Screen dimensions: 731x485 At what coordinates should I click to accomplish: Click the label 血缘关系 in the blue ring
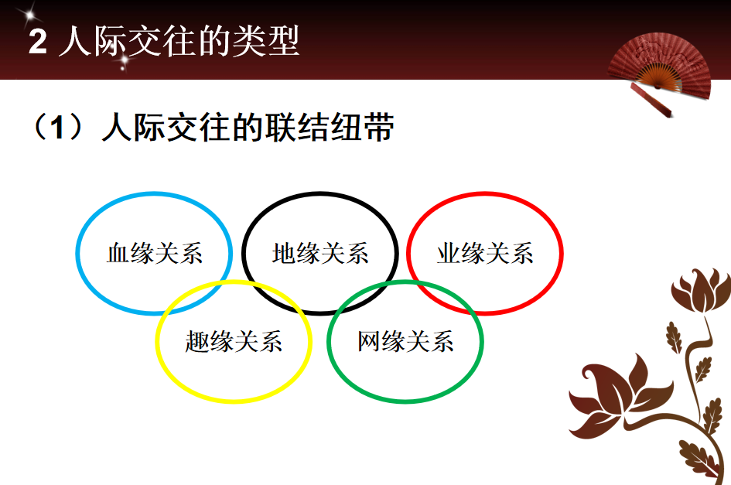click(x=155, y=253)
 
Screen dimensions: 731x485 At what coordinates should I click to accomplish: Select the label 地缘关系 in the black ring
click(x=320, y=253)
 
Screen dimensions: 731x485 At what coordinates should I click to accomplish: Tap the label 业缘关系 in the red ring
click(x=485, y=253)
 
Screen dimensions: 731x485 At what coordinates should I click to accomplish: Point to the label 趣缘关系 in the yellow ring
click(x=234, y=341)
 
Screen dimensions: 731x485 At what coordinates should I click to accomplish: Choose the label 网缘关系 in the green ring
click(x=405, y=341)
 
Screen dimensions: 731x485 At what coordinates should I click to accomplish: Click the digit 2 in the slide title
click(x=38, y=42)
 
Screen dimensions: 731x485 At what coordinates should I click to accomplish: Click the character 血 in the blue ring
click(x=118, y=253)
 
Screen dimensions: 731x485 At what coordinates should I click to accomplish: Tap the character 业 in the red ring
click(x=449, y=253)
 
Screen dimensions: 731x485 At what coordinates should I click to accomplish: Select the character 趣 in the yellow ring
click(x=197, y=341)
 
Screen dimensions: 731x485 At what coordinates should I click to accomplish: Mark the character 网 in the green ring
click(x=369, y=341)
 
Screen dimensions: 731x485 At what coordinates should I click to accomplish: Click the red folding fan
click(x=659, y=67)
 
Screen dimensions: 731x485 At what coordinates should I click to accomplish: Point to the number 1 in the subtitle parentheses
click(x=57, y=127)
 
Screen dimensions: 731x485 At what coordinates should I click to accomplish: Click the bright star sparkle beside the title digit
click(x=30, y=15)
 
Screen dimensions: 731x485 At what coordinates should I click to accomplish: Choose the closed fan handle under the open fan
click(x=651, y=99)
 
